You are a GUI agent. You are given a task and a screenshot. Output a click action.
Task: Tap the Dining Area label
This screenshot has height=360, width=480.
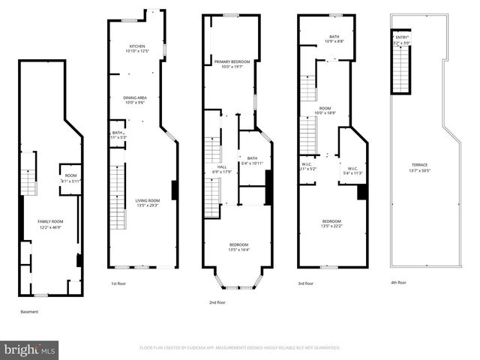(134, 99)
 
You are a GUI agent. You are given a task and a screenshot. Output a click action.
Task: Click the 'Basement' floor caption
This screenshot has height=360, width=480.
(29, 311)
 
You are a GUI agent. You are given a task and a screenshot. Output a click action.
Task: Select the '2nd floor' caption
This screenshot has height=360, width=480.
(217, 302)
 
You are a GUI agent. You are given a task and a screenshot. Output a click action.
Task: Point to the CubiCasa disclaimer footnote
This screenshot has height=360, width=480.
(240, 348)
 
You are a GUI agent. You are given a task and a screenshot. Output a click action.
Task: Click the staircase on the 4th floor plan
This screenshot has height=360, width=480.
(402, 72)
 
